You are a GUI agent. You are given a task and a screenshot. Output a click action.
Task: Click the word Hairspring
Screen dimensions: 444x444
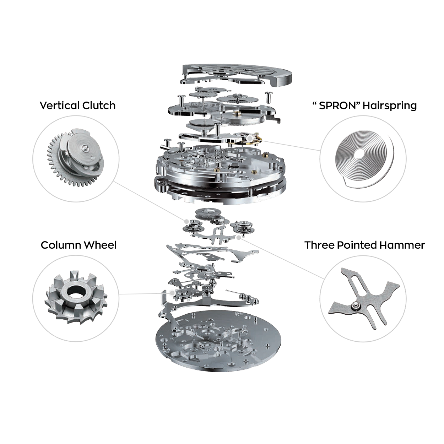click(390, 106)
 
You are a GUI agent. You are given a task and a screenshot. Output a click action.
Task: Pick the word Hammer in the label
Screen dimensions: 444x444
click(402, 245)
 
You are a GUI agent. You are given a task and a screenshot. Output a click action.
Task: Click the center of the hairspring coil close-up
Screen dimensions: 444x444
click(359, 154)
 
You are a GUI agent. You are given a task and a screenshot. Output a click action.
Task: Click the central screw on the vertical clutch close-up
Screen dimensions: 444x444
click(86, 147)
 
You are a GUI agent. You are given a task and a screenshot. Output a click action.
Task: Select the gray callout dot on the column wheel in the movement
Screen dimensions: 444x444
click(172, 293)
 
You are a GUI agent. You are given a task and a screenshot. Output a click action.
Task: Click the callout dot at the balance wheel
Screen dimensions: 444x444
click(249, 138)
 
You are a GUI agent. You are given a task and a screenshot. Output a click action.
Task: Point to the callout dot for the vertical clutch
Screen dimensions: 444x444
click(186, 221)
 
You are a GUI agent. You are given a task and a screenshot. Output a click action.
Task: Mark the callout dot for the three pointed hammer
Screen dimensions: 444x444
click(239, 237)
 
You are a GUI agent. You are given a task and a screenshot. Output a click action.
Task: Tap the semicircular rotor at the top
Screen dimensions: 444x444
click(237, 75)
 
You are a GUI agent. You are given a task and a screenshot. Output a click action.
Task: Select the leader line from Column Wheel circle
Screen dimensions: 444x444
click(144, 293)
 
